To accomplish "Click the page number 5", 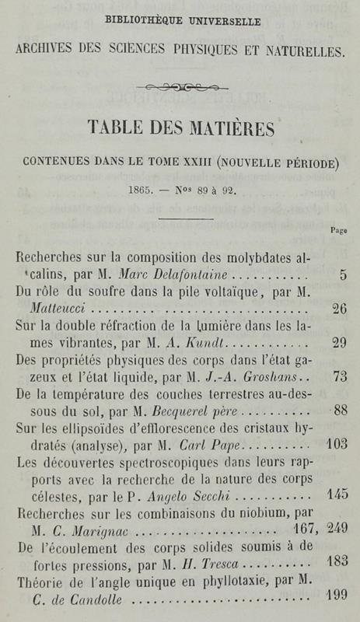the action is click(342, 274).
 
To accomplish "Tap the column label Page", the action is click(338, 229).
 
